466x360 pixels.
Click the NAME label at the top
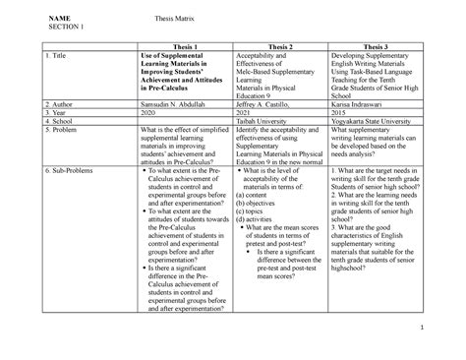click(60, 17)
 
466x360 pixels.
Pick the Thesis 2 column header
click(282, 46)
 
